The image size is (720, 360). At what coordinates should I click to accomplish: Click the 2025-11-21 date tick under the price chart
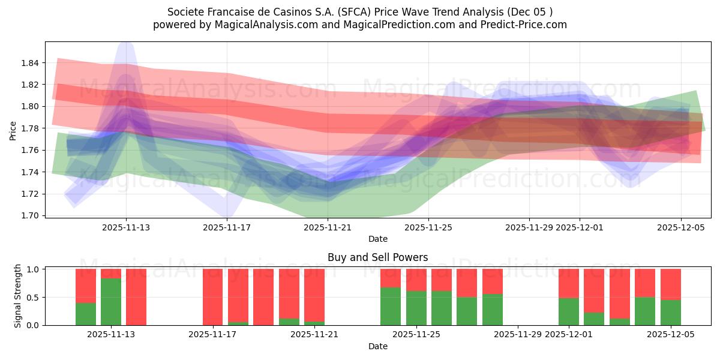pyautogui.click(x=328, y=227)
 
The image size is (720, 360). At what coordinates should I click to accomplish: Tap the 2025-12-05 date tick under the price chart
pyautogui.click(x=680, y=227)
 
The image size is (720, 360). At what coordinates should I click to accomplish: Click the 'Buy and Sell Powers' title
pyautogui.click(x=377, y=257)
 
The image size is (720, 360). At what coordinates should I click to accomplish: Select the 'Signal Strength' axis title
pyautogui.click(x=17, y=296)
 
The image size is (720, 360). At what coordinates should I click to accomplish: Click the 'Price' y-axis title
pyautogui.click(x=13, y=130)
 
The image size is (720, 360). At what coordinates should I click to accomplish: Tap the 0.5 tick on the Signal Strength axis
pyautogui.click(x=34, y=298)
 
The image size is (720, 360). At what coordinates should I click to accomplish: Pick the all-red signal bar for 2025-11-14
pyautogui.click(x=136, y=297)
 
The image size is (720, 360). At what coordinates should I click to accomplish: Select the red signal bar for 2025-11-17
pyautogui.click(x=212, y=297)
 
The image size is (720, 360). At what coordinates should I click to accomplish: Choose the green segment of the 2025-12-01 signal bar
pyautogui.click(x=568, y=311)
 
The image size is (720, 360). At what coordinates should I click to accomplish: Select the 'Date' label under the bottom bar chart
pyautogui.click(x=377, y=346)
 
